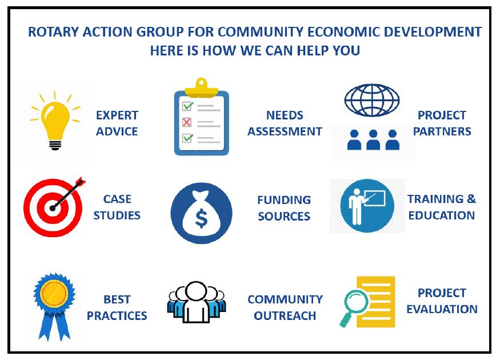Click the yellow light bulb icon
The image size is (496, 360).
pyautogui.click(x=55, y=121)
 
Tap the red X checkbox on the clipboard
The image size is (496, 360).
pyautogui.click(x=187, y=122)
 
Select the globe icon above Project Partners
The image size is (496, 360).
pyautogui.click(x=371, y=100)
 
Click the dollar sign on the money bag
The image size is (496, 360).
pyautogui.click(x=201, y=219)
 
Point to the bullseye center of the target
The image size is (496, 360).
pyautogui.click(x=53, y=208)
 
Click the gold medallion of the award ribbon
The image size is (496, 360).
pyautogui.click(x=54, y=293)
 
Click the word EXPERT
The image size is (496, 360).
pyautogui.click(x=117, y=115)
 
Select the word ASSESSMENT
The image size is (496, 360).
pyautogui.click(x=285, y=131)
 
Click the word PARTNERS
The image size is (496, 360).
pyautogui.click(x=442, y=131)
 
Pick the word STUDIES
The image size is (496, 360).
pyautogui.click(x=117, y=215)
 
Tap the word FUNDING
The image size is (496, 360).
pyautogui.click(x=284, y=200)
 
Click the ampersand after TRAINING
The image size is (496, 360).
pyautogui.click(x=471, y=199)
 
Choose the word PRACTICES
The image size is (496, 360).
pyautogui.click(x=117, y=315)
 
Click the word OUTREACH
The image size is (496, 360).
pyautogui.click(x=285, y=315)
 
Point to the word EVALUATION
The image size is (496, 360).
pyautogui.click(x=442, y=309)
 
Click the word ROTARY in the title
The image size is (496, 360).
pyautogui.click(x=53, y=32)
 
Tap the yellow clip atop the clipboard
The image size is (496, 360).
pyautogui.click(x=202, y=87)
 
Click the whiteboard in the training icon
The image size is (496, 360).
pyautogui.click(x=375, y=198)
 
